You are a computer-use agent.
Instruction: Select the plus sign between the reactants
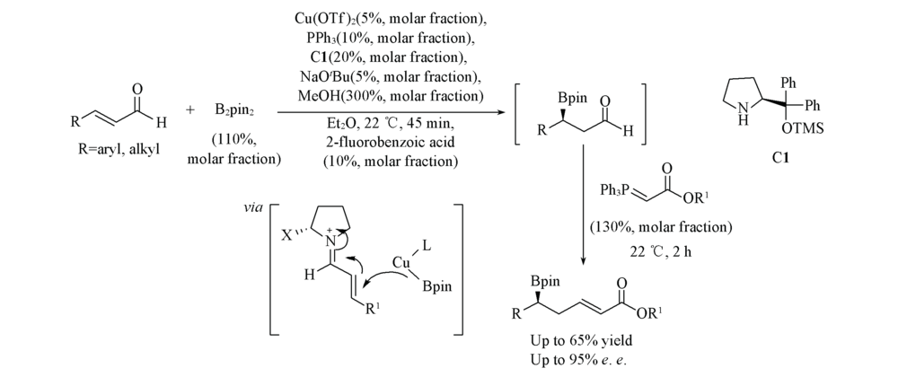tap(190, 110)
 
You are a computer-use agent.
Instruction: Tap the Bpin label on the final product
tap(545, 282)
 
